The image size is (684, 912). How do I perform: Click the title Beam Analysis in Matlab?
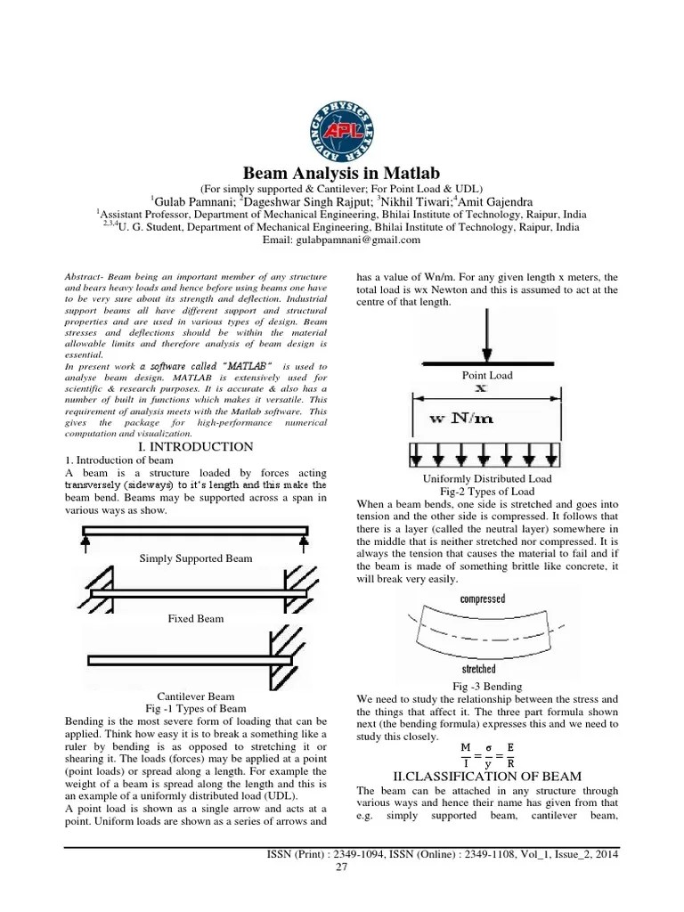pyautogui.click(x=342, y=172)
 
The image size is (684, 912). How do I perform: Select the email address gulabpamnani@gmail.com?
pyautogui.click(x=341, y=240)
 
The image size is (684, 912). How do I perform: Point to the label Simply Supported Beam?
pyautogui.click(x=196, y=558)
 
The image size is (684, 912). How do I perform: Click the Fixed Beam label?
pyautogui.click(x=196, y=617)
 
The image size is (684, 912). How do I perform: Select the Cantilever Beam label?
pyautogui.click(x=196, y=696)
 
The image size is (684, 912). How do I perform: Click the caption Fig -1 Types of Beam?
pyautogui.click(x=196, y=708)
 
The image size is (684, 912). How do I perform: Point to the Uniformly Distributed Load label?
pyautogui.click(x=486, y=478)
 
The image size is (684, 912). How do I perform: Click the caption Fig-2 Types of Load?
pyautogui.click(x=486, y=491)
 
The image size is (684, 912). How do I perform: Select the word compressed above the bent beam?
pyautogui.click(x=482, y=599)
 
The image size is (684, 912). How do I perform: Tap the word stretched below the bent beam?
pyautogui.click(x=479, y=668)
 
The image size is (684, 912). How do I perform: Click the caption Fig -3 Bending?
pyautogui.click(x=486, y=687)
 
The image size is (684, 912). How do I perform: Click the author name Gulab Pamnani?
pyautogui.click(x=191, y=199)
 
